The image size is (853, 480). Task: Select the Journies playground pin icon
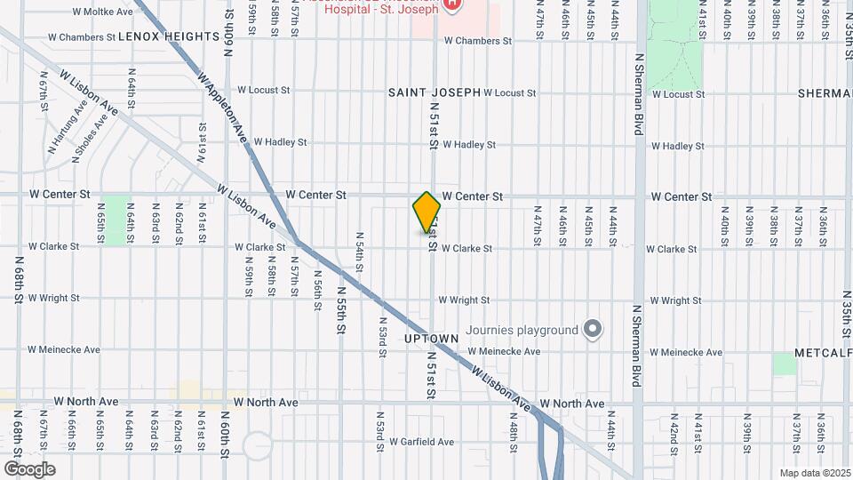click(594, 330)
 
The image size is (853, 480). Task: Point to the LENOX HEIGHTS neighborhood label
click(168, 36)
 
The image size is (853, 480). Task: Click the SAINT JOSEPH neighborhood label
click(434, 92)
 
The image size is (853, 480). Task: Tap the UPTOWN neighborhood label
click(431, 339)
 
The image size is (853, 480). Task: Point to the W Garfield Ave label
click(416, 442)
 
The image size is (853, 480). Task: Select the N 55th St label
click(340, 309)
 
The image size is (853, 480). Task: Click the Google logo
click(29, 468)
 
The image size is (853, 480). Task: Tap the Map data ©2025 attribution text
click(814, 473)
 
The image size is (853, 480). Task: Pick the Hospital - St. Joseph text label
click(381, 10)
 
